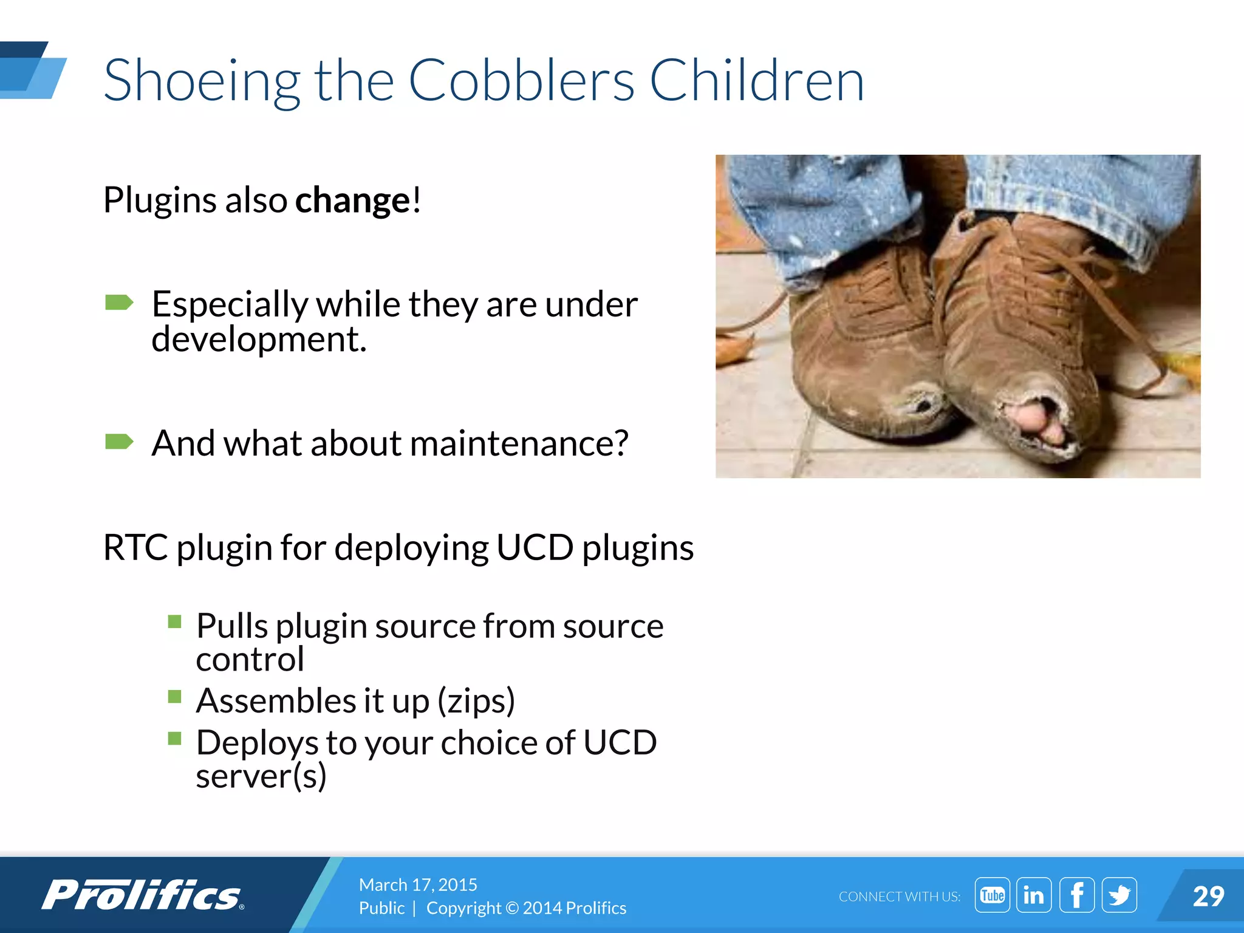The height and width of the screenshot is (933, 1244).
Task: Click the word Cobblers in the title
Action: click(x=521, y=81)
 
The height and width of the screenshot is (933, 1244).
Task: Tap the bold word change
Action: click(x=353, y=200)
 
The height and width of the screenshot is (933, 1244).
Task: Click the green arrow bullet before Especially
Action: click(x=119, y=302)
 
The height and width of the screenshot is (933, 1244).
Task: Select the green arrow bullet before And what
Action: click(x=119, y=441)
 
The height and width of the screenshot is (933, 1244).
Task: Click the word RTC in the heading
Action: click(x=135, y=548)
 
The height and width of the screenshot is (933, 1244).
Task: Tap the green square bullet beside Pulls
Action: click(x=175, y=621)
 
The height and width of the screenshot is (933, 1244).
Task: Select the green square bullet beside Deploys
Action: click(x=175, y=738)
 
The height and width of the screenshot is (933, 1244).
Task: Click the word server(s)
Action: click(x=261, y=776)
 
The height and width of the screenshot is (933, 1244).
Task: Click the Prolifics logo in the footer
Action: click(x=143, y=895)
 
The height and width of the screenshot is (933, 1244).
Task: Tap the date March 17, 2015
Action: click(x=418, y=884)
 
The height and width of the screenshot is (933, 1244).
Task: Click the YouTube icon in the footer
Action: click(x=992, y=895)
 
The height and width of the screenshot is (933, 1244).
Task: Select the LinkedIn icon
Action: click(x=1034, y=895)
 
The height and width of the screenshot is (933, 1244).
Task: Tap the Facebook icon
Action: click(x=1076, y=895)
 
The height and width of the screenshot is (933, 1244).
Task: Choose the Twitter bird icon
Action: click(x=1119, y=895)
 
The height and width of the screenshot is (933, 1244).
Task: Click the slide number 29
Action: click(x=1208, y=897)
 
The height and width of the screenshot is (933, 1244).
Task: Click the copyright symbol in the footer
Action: click(x=512, y=908)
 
